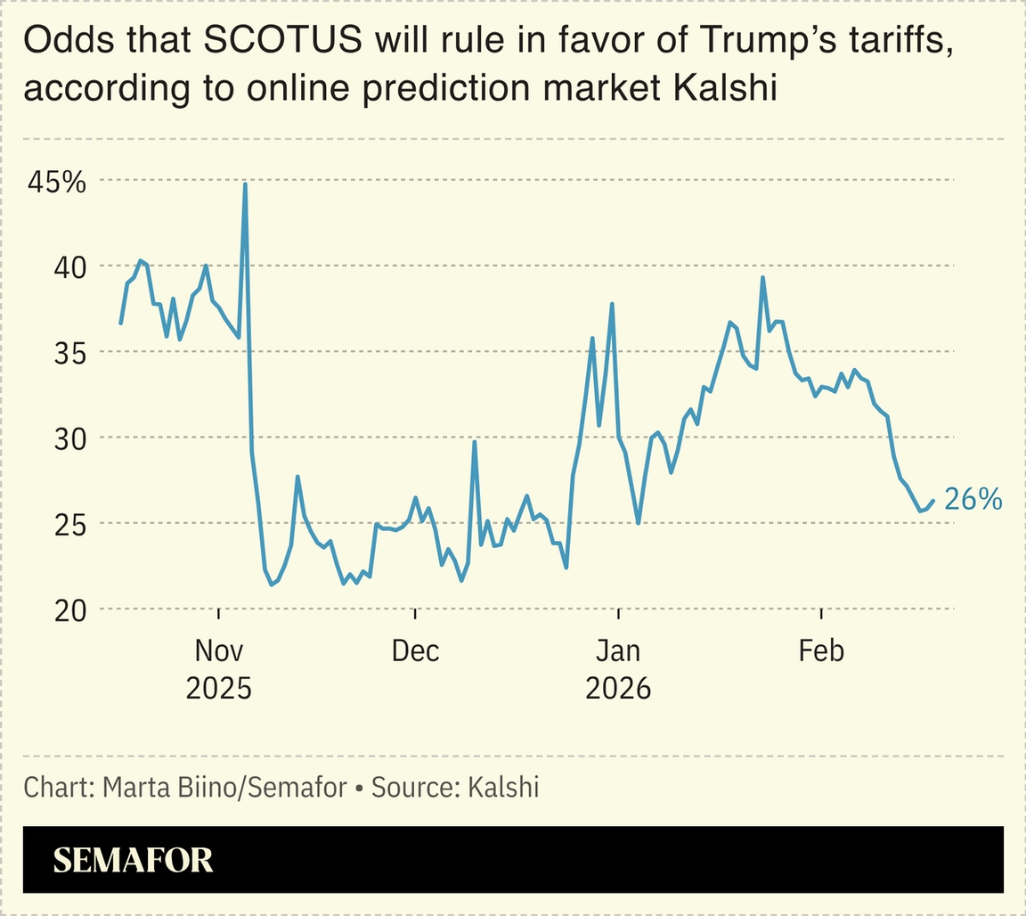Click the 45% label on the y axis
coord(56,183)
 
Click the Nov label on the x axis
coord(218,651)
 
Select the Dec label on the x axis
coord(416,651)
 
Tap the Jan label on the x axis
coord(618,651)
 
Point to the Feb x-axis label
coord(820,651)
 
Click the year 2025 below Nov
coord(218,689)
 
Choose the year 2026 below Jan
coord(618,689)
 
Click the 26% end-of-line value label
coord(973,500)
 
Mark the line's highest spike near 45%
coord(245,184)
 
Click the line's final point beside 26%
coord(932,502)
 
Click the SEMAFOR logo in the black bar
coord(133,860)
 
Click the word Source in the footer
coord(411,788)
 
